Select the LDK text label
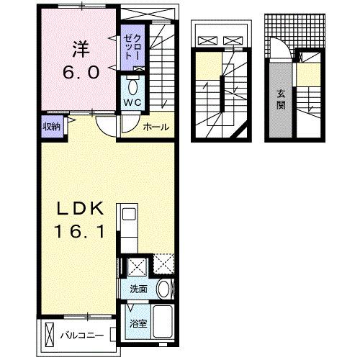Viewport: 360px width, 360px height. [x=81, y=208]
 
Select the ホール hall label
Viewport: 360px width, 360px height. [x=156, y=127]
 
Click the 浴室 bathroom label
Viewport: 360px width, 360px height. [x=138, y=323]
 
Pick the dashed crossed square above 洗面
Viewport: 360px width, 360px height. [x=163, y=266]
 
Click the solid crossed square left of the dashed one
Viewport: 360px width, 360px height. [x=137, y=267]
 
